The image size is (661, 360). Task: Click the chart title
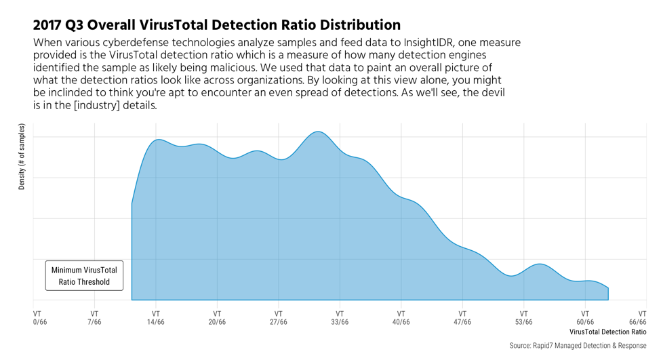tap(217, 25)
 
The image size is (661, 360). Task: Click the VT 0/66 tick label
tap(40, 318)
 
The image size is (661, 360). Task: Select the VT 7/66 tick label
tap(94, 318)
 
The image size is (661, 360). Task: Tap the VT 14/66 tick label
tap(156, 318)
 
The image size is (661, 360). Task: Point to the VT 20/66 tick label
tap(217, 318)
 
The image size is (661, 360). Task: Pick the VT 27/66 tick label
tap(279, 318)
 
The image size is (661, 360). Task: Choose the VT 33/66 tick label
tap(340, 318)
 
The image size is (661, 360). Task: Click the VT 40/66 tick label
tap(401, 318)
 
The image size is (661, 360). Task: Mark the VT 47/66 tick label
tap(462, 318)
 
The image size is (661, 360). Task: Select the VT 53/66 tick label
tap(524, 318)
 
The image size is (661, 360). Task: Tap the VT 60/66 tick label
tap(585, 318)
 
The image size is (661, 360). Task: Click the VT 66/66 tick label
tap(637, 318)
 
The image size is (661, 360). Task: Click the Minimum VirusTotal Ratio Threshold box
tap(84, 276)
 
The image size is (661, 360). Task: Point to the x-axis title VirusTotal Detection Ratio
tap(607, 332)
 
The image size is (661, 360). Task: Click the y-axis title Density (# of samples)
tap(22, 157)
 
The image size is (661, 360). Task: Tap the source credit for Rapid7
tap(577, 346)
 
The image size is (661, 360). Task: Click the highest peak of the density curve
tap(317, 132)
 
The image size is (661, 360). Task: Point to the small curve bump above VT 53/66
tap(540, 264)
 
